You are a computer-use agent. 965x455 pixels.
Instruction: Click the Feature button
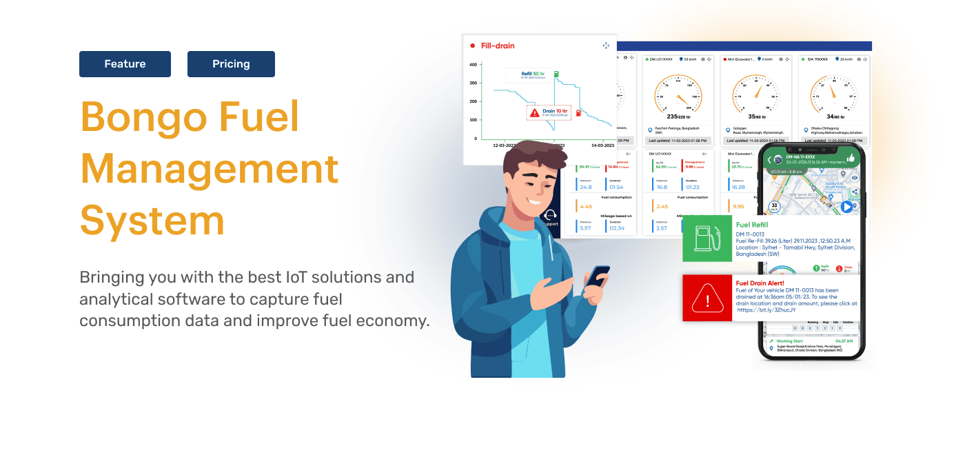point(125,64)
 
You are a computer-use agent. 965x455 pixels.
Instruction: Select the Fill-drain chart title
point(498,46)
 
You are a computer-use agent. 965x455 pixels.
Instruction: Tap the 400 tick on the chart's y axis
point(473,65)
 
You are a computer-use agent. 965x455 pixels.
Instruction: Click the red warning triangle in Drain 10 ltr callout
point(535,112)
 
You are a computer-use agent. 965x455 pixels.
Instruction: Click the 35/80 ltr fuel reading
point(757,117)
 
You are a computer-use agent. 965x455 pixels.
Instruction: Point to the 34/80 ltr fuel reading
point(833,117)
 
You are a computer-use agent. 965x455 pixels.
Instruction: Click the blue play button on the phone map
point(846,206)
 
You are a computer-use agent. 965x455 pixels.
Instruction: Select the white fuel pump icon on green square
point(707,239)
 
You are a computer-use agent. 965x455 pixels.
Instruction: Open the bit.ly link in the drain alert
point(766,310)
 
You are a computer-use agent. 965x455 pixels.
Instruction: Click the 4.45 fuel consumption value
point(586,206)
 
